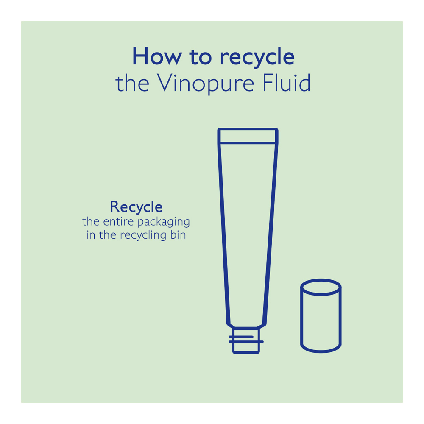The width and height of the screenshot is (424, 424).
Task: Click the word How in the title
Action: (x=157, y=56)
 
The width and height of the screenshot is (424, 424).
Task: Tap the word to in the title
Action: (x=201, y=56)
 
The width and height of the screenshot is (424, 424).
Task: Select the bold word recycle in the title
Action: (x=257, y=57)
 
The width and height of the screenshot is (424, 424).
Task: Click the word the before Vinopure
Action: (x=132, y=83)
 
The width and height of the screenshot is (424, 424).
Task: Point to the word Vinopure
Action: (x=206, y=84)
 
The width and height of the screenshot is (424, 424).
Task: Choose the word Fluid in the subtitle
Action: (x=286, y=83)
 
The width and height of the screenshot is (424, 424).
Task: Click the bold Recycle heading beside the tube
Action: (x=136, y=207)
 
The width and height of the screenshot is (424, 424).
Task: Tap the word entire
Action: (x=118, y=221)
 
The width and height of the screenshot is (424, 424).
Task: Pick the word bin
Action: (x=178, y=234)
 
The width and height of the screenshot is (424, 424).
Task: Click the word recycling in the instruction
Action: (x=143, y=235)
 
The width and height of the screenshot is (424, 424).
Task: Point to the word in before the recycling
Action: (x=91, y=235)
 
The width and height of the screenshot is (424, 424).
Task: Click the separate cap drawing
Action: (x=321, y=316)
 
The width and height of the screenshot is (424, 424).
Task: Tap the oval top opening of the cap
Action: (x=321, y=281)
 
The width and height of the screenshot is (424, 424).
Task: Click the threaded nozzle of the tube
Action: (x=246, y=340)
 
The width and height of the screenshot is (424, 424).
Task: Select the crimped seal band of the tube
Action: (x=248, y=136)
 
